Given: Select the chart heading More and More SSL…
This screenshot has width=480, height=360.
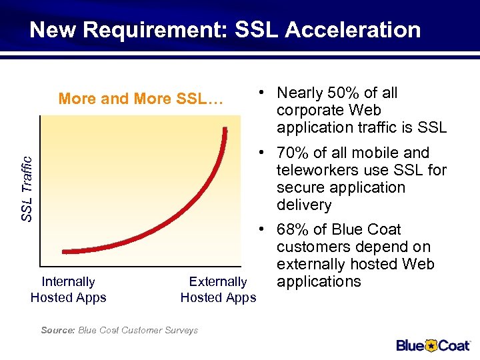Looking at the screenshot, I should pos(140,99).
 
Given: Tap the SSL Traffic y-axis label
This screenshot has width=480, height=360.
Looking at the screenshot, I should pos(27,189).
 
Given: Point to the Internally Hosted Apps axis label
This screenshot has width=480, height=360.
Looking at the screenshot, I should pos(68,290).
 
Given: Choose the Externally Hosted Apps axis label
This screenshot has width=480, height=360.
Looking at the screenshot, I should pos(218,290).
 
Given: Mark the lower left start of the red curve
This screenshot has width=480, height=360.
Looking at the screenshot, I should pos(64,252).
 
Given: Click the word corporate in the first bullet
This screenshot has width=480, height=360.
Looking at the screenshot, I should pos(310,110).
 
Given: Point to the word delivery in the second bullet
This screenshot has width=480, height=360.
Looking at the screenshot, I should pos(303,205).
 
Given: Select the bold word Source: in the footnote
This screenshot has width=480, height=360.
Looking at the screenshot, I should pos(58,330).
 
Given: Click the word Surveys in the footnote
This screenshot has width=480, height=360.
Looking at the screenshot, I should pos(181,330).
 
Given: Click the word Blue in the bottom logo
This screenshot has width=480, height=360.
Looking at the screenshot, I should pos(410,345).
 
